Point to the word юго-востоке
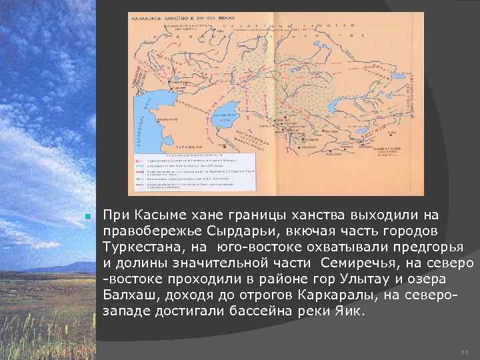pos(258,245)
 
